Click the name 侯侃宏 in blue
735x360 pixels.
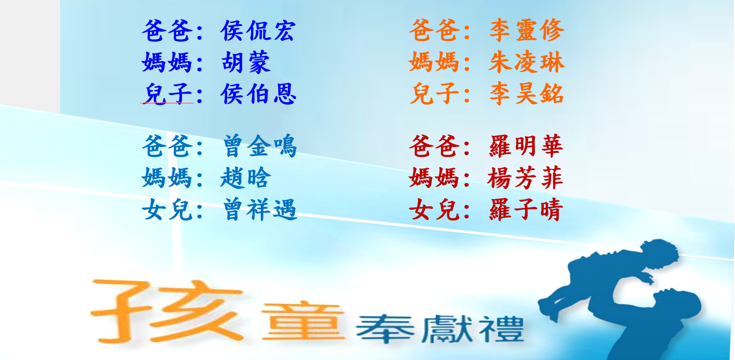coord(258,31)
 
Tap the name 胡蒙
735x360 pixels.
coord(246,62)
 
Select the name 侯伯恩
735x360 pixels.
coord(258,94)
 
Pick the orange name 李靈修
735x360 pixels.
coord(527,31)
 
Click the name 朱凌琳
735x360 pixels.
coord(527,62)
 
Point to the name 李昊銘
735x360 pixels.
coord(527,94)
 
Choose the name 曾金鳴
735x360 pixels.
coord(259,146)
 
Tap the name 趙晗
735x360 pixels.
coord(246,178)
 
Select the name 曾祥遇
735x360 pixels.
coord(259,209)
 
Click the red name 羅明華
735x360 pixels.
coord(526,146)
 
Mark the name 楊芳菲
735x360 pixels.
coord(525,178)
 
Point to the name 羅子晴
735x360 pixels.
coord(526,209)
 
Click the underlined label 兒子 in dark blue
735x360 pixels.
coord(167,94)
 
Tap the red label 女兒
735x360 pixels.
coord(434,209)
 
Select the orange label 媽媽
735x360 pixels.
coord(434,62)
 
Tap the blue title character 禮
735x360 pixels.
coord(502,329)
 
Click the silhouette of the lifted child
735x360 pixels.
coord(607,279)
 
